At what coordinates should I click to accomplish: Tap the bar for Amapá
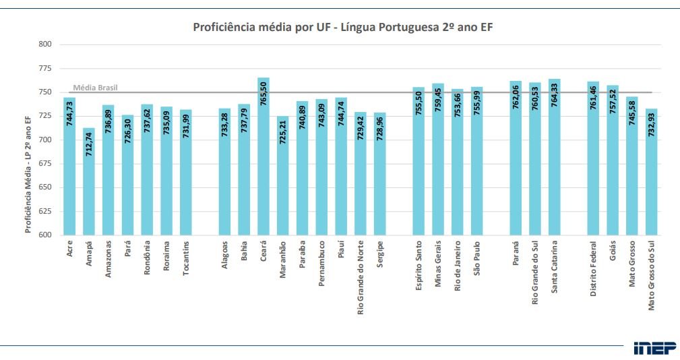click(x=89, y=182)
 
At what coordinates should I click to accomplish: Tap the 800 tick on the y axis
click(x=44, y=44)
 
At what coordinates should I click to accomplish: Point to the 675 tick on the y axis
click(x=44, y=164)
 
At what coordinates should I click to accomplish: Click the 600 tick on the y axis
click(x=44, y=235)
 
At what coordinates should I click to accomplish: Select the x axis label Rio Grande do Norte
click(x=361, y=277)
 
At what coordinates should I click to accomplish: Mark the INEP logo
click(x=654, y=348)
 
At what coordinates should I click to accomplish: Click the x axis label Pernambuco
click(x=321, y=264)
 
